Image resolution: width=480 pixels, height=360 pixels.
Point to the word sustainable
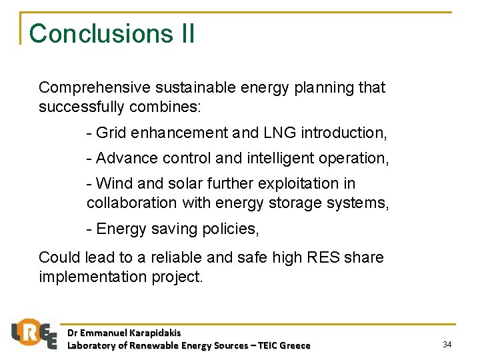pyautogui.click(x=193, y=87)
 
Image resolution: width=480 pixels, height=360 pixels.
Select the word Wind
pyautogui.click(x=112, y=183)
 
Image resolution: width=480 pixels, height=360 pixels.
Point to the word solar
pyautogui.click(x=178, y=183)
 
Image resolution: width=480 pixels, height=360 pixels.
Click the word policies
pyautogui.click(x=231, y=229)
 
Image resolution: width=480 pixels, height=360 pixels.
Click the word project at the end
pyautogui.click(x=175, y=276)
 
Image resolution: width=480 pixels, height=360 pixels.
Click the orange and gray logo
pyautogui.click(x=34, y=333)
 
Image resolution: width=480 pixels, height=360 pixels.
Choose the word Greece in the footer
pyautogui.click(x=295, y=345)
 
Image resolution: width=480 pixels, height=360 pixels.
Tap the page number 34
pyautogui.click(x=447, y=344)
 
